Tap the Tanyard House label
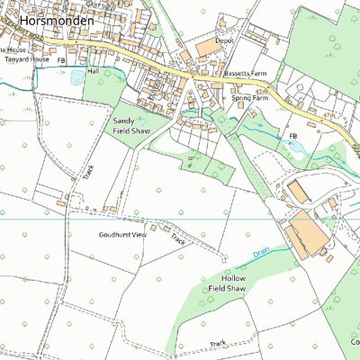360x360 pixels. point(27,61)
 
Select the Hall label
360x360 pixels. point(93,71)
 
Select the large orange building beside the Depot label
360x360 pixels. point(206,46)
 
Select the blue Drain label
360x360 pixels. point(261,254)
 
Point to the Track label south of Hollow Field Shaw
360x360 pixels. point(217,343)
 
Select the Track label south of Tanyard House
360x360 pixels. point(89,171)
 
